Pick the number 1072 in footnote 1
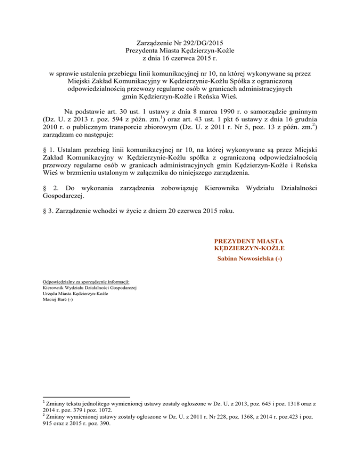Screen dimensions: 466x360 tap(91, 411)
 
